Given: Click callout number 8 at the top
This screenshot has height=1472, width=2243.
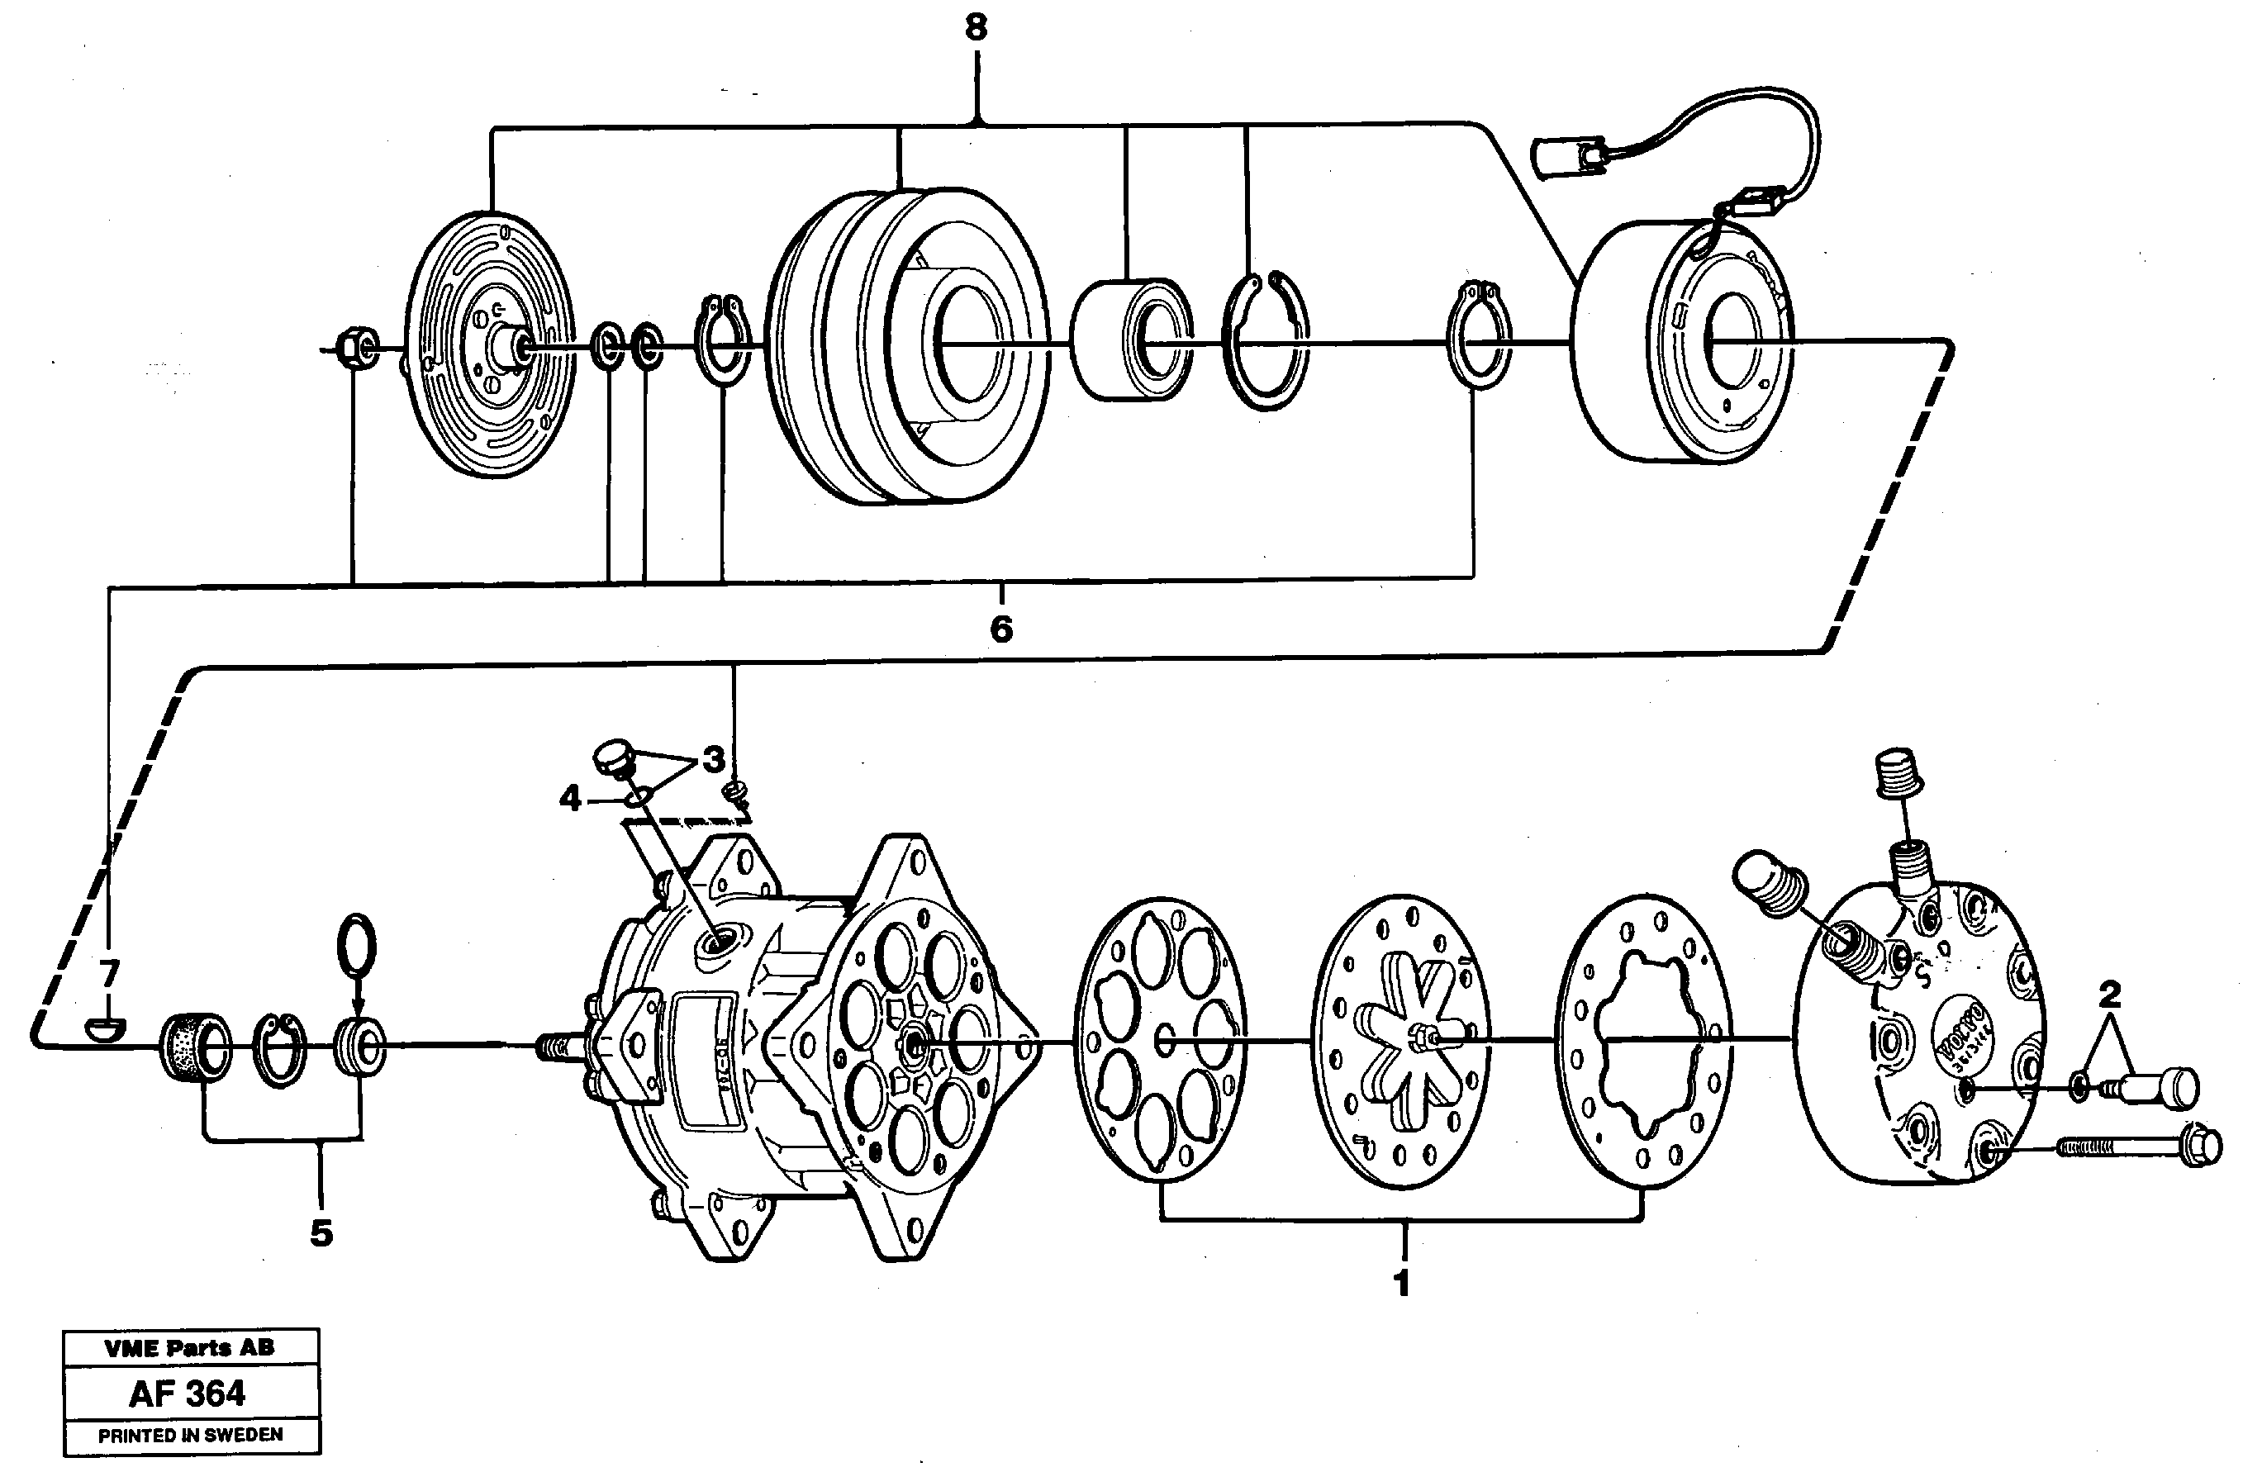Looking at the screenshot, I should click(x=977, y=28).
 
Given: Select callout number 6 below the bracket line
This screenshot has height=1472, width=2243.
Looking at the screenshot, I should click(x=1000, y=629).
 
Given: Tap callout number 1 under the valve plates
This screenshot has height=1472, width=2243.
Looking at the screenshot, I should click(x=1401, y=1283).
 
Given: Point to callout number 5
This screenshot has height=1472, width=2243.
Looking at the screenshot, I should click(x=321, y=1232).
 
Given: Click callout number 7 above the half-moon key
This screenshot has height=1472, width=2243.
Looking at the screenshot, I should click(x=109, y=972).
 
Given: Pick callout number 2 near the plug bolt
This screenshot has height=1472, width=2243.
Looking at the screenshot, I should click(x=2109, y=993).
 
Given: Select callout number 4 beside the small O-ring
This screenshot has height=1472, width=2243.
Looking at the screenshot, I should click(x=570, y=799).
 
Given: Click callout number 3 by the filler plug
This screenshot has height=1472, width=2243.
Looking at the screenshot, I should click(x=714, y=758).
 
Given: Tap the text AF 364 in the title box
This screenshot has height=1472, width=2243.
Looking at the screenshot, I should click(x=188, y=1394).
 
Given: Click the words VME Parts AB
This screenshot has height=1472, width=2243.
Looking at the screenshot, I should click(x=189, y=1347).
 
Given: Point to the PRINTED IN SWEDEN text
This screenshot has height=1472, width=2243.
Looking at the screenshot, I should click(x=190, y=1434).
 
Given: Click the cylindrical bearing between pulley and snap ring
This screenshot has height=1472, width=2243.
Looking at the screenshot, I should click(x=1131, y=340).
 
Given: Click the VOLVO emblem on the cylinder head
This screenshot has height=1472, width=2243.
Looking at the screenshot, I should click(x=1962, y=1038).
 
